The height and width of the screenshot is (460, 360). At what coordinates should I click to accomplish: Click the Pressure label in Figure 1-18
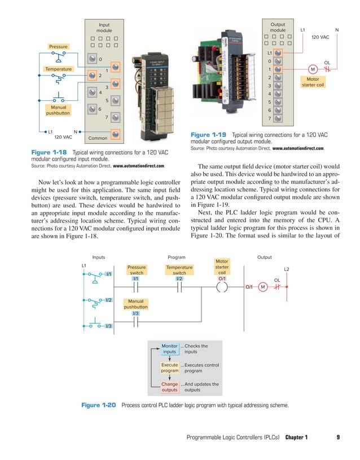click(58, 46)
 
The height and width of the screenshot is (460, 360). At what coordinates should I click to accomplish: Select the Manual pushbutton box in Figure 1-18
click(58, 109)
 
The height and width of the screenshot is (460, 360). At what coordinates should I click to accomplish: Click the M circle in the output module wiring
click(312, 69)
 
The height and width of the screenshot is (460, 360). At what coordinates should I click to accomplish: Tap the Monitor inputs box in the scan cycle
click(169, 349)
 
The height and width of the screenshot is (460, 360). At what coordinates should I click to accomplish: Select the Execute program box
click(169, 368)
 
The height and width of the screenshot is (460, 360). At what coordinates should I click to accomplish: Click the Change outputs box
click(169, 387)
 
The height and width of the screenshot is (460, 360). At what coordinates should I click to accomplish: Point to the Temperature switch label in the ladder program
click(179, 270)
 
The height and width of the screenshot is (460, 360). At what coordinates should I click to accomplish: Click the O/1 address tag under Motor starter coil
click(222, 278)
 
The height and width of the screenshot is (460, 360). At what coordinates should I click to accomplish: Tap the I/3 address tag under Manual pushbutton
click(136, 313)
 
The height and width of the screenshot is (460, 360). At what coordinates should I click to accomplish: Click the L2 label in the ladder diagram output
click(286, 269)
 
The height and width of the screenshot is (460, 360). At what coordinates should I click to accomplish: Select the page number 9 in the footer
click(337, 437)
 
